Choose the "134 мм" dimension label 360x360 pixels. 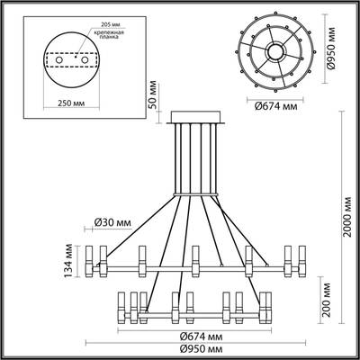pyautogui.click(x=67, y=261)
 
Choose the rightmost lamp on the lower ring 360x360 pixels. pyautogui.click(x=265, y=305)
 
